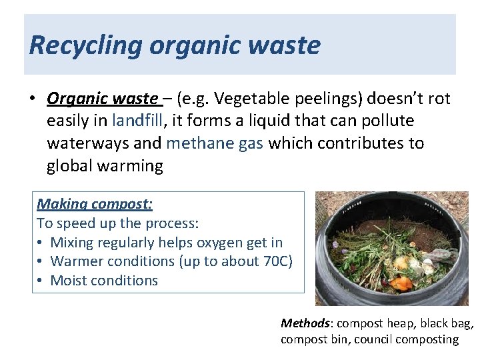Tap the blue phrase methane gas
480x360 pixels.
pyautogui.click(x=215, y=143)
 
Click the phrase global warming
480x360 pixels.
pyautogui.click(x=105, y=165)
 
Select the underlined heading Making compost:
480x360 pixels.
pyautogui.click(x=95, y=204)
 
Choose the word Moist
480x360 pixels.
pyautogui.click(x=71, y=280)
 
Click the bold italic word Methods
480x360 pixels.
pyautogui.click(x=305, y=323)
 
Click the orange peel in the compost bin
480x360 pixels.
pyautogui.click(x=401, y=283)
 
